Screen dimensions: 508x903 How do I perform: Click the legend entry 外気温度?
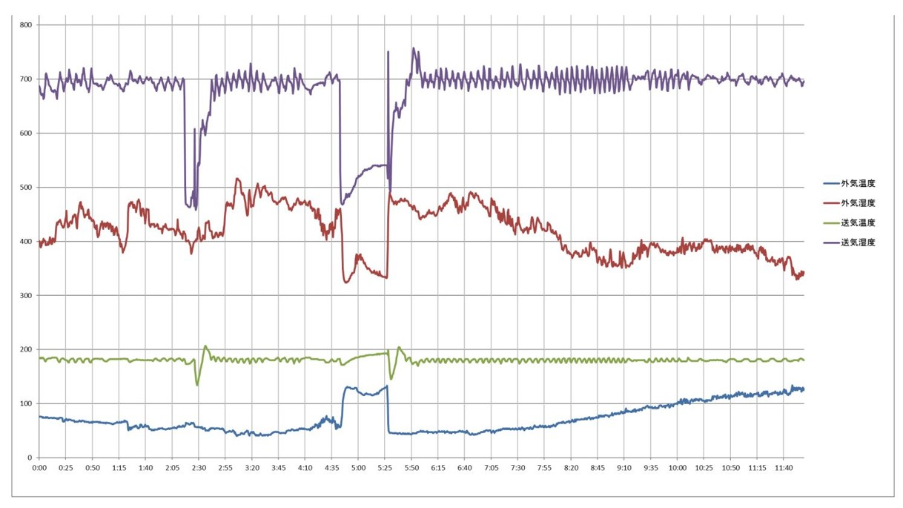point(858,183)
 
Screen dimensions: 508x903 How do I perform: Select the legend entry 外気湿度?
point(858,203)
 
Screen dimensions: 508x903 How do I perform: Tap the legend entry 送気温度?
point(858,222)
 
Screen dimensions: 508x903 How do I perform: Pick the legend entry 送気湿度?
point(858,243)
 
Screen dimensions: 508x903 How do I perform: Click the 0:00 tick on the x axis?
point(39,468)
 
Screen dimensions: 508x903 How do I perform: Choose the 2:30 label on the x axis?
point(199,468)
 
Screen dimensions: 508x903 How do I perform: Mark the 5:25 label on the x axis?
point(385,468)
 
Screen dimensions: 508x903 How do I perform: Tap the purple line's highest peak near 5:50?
point(413,48)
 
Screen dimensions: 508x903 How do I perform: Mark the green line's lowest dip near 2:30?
point(197,384)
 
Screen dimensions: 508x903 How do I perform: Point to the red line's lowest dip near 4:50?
point(347,282)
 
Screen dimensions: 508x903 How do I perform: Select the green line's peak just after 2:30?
point(205,346)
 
